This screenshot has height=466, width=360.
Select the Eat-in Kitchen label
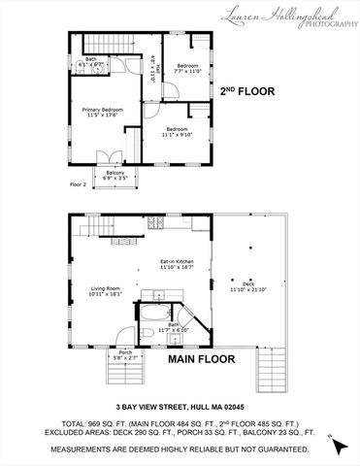coord(178,264)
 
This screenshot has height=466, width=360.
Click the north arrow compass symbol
coord(336,445)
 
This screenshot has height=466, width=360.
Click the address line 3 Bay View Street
coord(180,407)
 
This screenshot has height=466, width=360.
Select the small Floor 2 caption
coord(78,183)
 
